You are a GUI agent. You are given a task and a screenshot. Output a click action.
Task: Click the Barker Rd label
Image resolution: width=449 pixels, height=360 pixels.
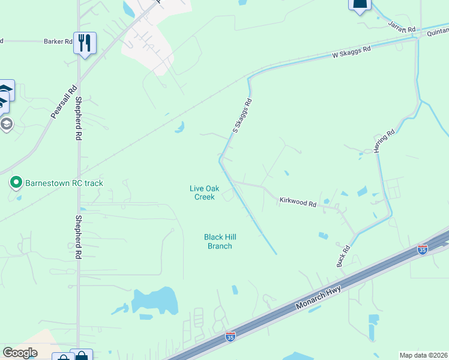(58, 41)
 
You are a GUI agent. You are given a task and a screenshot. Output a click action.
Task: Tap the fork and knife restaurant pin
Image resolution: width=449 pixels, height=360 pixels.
(85, 43)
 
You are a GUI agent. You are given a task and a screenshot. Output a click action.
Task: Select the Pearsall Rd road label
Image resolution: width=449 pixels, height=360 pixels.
(64, 101)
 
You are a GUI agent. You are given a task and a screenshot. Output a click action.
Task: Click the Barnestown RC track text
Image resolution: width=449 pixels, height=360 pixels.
(64, 182)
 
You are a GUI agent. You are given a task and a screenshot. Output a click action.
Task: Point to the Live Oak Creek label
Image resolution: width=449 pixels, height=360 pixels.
(202, 192)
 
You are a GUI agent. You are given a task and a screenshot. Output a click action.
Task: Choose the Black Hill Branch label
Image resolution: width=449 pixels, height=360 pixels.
(218, 241)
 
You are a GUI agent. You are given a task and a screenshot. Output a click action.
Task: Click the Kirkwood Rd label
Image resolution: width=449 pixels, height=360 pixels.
(297, 202)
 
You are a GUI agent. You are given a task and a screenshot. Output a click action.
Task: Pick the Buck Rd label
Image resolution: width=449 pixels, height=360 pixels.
(342, 256)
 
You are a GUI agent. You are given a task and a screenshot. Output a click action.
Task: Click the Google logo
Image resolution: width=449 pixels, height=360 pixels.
(20, 353)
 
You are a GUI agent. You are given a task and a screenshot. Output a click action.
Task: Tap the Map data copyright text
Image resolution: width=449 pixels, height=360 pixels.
(423, 355)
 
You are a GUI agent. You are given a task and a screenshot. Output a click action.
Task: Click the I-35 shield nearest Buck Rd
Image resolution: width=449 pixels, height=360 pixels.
(423, 248)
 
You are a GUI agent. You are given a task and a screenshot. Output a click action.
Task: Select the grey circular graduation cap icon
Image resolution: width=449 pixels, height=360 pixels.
(7, 124)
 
